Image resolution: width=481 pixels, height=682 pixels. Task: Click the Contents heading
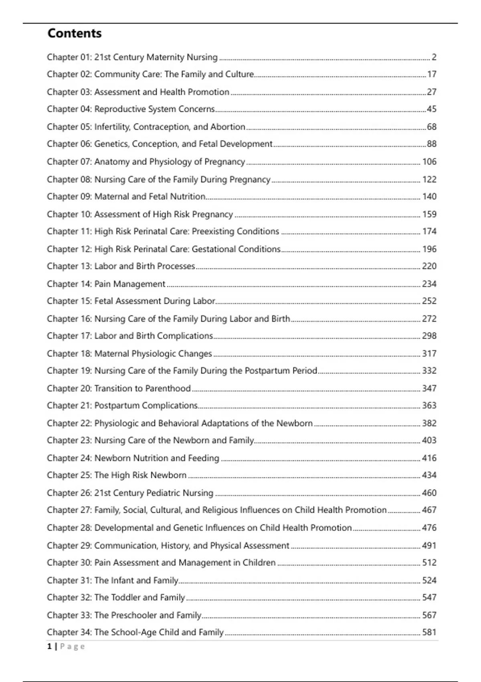point(75,33)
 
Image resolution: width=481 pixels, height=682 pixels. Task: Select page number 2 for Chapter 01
point(434,57)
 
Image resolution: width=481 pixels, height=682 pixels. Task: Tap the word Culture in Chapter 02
point(239,74)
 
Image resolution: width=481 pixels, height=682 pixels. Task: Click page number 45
point(431,109)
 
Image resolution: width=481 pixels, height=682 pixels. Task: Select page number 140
point(429,197)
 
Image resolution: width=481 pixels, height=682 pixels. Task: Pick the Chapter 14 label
point(69,284)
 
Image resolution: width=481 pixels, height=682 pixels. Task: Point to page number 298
point(429,336)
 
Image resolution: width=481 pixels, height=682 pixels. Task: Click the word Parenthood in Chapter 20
point(168,388)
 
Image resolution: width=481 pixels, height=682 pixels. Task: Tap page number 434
point(429,475)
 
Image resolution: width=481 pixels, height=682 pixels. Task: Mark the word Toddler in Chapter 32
point(125,597)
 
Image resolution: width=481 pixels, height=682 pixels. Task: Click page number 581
point(429,632)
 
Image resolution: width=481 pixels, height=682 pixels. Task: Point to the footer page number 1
point(50,646)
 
